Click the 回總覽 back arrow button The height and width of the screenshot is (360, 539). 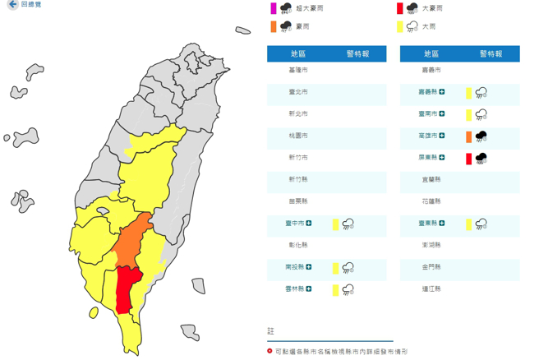tap(12, 5)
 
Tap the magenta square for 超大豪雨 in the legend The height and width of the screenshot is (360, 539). tap(273, 8)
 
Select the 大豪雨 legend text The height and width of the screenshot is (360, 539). tap(431, 8)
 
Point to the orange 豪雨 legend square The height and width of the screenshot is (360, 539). tap(273, 26)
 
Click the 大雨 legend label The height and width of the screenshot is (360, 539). tap(428, 26)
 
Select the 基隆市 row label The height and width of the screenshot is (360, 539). tap(298, 71)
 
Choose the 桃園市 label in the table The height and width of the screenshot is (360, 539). tap(298, 136)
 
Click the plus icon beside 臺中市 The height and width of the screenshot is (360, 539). tap(309, 224)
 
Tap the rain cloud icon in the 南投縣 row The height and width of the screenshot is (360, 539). tap(348, 267)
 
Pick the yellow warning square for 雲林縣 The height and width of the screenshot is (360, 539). tap(335, 289)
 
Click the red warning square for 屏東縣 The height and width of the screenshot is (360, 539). tap(469, 158)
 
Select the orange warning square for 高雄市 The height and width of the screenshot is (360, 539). tap(469, 136)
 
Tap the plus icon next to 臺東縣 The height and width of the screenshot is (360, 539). tap(442, 224)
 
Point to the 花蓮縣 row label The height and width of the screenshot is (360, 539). tap(431, 201)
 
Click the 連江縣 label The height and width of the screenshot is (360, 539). tap(431, 289)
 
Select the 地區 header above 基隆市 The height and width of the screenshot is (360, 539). tap(298, 53)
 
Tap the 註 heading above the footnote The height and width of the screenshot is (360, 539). tap(271, 330)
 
